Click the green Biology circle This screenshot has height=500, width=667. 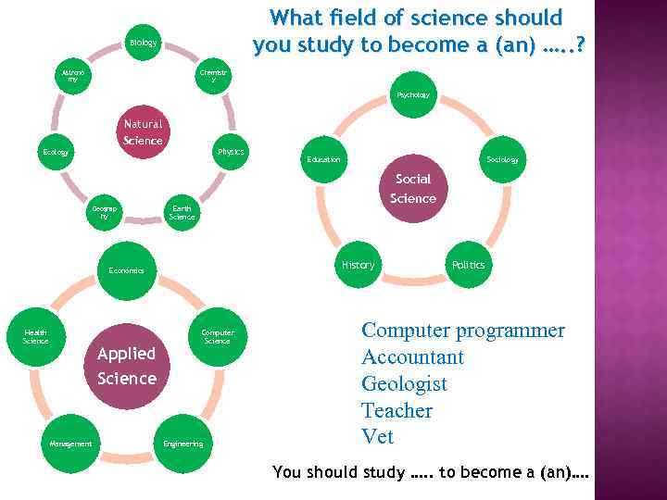pyautogui.click(x=143, y=43)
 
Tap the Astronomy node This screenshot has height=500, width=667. pyautogui.click(x=72, y=75)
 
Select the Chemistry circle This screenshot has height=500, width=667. pyautogui.click(x=214, y=75)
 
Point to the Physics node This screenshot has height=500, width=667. pyautogui.click(x=230, y=152)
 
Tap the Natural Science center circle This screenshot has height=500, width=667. pyautogui.click(x=143, y=132)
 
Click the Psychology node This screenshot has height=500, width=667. pyautogui.click(x=412, y=95)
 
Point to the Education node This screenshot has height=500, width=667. pyautogui.click(x=323, y=159)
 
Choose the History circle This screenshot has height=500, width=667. pyautogui.click(x=358, y=265)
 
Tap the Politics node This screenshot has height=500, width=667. pyautogui.click(x=468, y=265)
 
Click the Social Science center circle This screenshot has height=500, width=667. pyautogui.click(x=412, y=189)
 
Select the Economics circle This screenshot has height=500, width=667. pyautogui.click(x=126, y=270)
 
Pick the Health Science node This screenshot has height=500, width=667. pyautogui.click(x=36, y=337)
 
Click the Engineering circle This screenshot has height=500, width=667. pyautogui.click(x=182, y=444)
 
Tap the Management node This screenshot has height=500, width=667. pyautogui.click(x=70, y=444)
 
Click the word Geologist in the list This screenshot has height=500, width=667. pyautogui.click(x=404, y=383)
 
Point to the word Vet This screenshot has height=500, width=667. pyautogui.click(x=377, y=436)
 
